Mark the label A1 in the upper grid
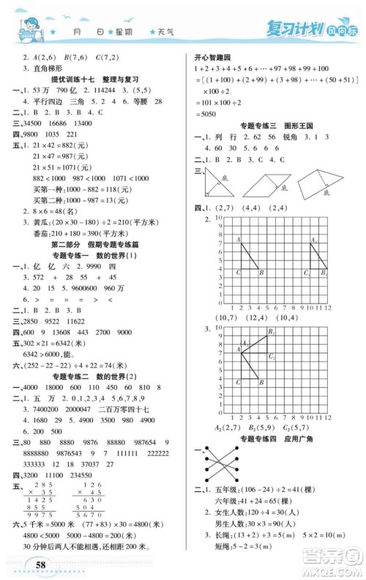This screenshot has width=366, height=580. tap(313, 239)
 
